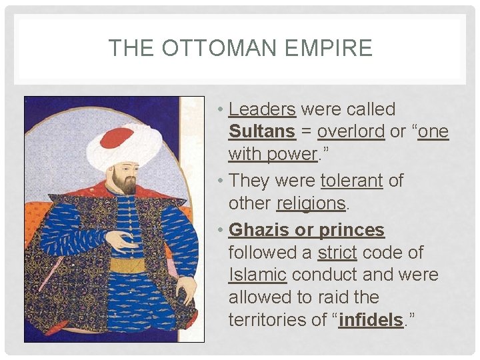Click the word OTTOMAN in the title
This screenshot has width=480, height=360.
point(216,48)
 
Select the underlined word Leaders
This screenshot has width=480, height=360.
point(262,109)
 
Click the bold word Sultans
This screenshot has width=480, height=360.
point(262,132)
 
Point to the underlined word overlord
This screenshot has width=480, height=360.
point(351,132)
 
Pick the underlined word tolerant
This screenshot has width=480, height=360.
point(352,181)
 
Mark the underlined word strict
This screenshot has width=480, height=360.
point(337,253)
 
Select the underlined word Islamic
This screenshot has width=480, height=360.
point(257,275)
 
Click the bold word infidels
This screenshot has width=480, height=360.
point(371,320)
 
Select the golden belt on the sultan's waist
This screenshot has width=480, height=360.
point(127,265)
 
